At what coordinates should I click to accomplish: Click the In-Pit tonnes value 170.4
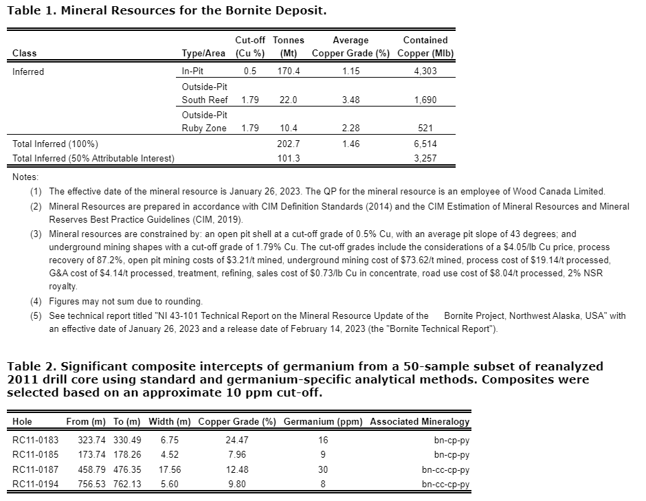[x=289, y=71]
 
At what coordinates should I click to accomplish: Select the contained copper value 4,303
[x=425, y=71]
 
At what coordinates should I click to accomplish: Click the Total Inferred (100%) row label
[x=55, y=144]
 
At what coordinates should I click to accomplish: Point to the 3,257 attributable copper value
[x=425, y=158]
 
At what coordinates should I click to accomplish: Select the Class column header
[x=25, y=54]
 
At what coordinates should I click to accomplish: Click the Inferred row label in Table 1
[x=28, y=71]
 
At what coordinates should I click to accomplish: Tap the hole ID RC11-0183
[x=36, y=440]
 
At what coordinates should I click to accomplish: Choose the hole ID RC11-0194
[x=36, y=484]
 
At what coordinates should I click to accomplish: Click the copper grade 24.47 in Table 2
[x=236, y=440]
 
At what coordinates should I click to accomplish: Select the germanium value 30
[x=323, y=469]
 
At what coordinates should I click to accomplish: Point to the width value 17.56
[x=170, y=469]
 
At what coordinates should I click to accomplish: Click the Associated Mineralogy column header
[x=419, y=421]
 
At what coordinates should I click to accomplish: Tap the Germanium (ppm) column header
[x=323, y=421]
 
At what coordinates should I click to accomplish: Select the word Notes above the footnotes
[x=26, y=177]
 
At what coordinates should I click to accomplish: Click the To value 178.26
[x=126, y=454]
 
